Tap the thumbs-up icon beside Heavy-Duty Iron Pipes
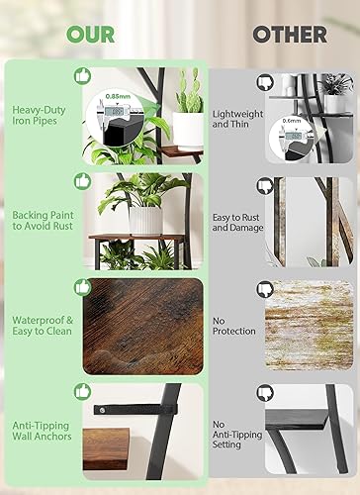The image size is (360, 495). point(81,75)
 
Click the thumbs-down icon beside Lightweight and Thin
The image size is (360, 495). point(264,82)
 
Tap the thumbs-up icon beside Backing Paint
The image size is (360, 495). point(81,182)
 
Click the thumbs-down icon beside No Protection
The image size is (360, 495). point(264,289)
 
